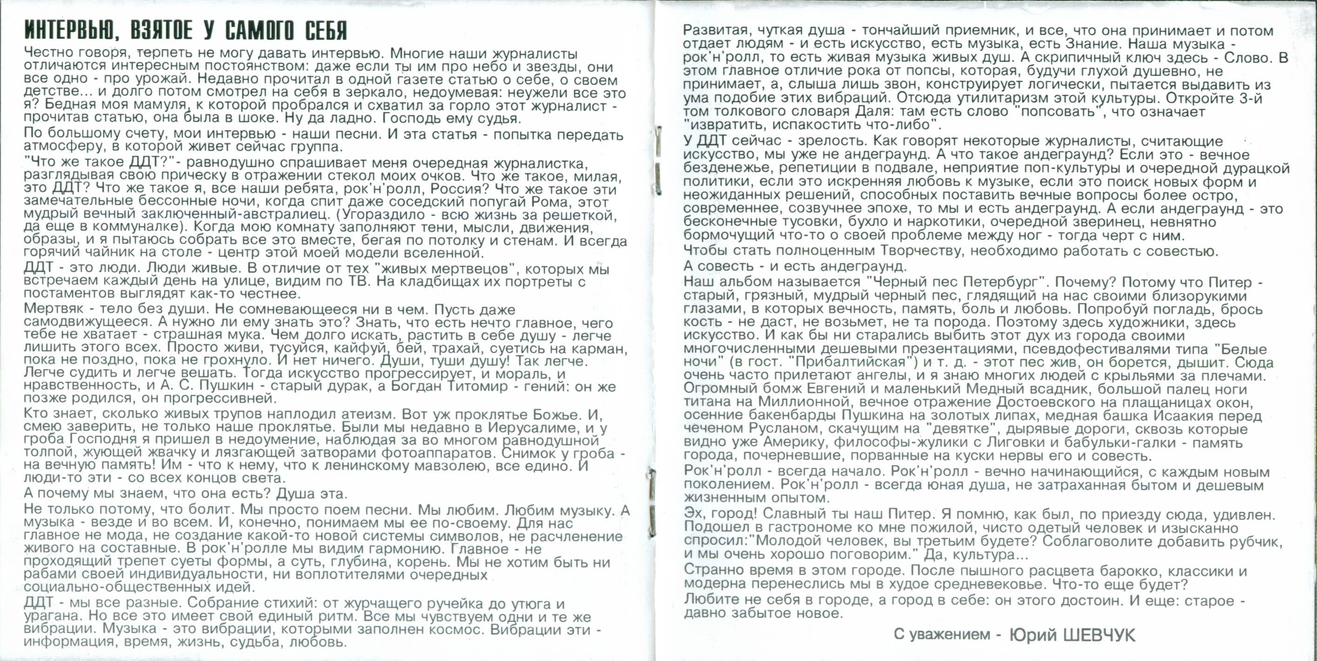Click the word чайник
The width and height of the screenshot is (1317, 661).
102,253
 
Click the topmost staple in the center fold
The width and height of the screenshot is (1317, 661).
658,139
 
